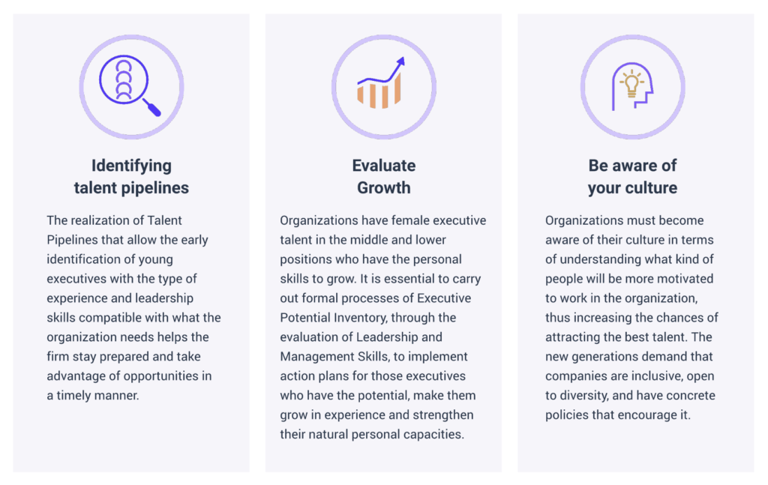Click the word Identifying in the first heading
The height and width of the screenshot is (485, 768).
(x=131, y=166)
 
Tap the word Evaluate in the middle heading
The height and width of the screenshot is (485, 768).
(x=384, y=166)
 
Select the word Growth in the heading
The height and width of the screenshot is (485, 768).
(x=384, y=187)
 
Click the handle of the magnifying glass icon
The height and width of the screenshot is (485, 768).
(x=151, y=108)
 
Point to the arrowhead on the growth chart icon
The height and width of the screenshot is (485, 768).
(x=401, y=61)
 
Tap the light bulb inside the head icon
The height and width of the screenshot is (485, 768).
(x=631, y=83)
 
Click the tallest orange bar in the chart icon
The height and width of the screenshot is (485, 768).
(x=397, y=88)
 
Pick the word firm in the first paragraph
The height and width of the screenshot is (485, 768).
(x=58, y=357)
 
